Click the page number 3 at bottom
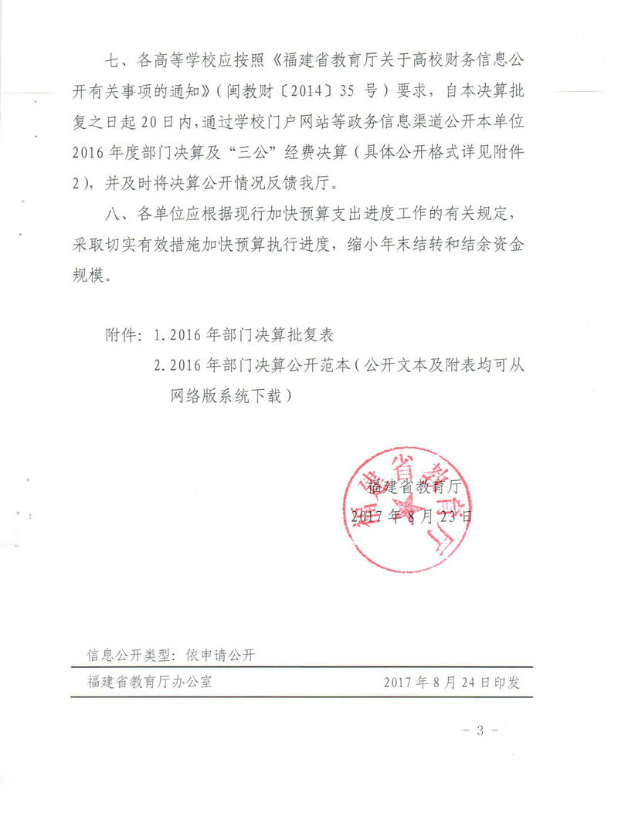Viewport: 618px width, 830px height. pyautogui.click(x=479, y=730)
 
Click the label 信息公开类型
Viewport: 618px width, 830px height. pyautogui.click(x=128, y=656)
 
